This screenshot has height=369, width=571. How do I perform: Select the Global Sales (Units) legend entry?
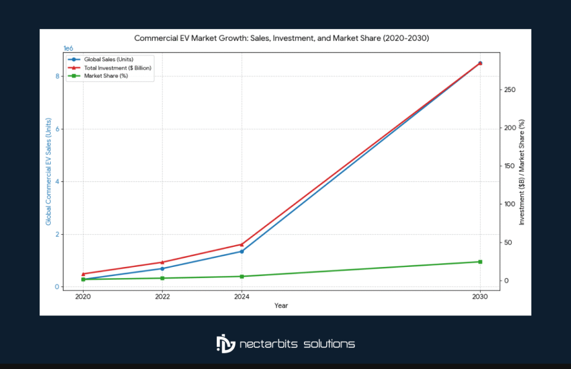point(108,59)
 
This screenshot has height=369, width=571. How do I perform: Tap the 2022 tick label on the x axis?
point(162,297)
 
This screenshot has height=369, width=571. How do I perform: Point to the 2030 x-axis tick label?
point(480,297)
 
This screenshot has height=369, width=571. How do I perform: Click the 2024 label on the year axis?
point(241,297)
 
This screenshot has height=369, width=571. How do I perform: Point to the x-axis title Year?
point(281,305)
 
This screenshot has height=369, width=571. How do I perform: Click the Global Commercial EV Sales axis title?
point(49,172)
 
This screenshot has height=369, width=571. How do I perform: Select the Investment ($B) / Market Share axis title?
point(522,172)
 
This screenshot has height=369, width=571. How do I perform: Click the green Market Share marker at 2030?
point(480,262)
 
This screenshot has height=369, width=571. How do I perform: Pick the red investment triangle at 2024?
point(241,244)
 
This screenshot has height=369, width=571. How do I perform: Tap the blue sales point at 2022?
point(162,269)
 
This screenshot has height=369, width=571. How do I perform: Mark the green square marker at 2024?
point(241,276)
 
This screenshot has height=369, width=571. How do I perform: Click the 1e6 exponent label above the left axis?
point(69,48)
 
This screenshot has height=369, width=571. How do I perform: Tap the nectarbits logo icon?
point(226,343)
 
